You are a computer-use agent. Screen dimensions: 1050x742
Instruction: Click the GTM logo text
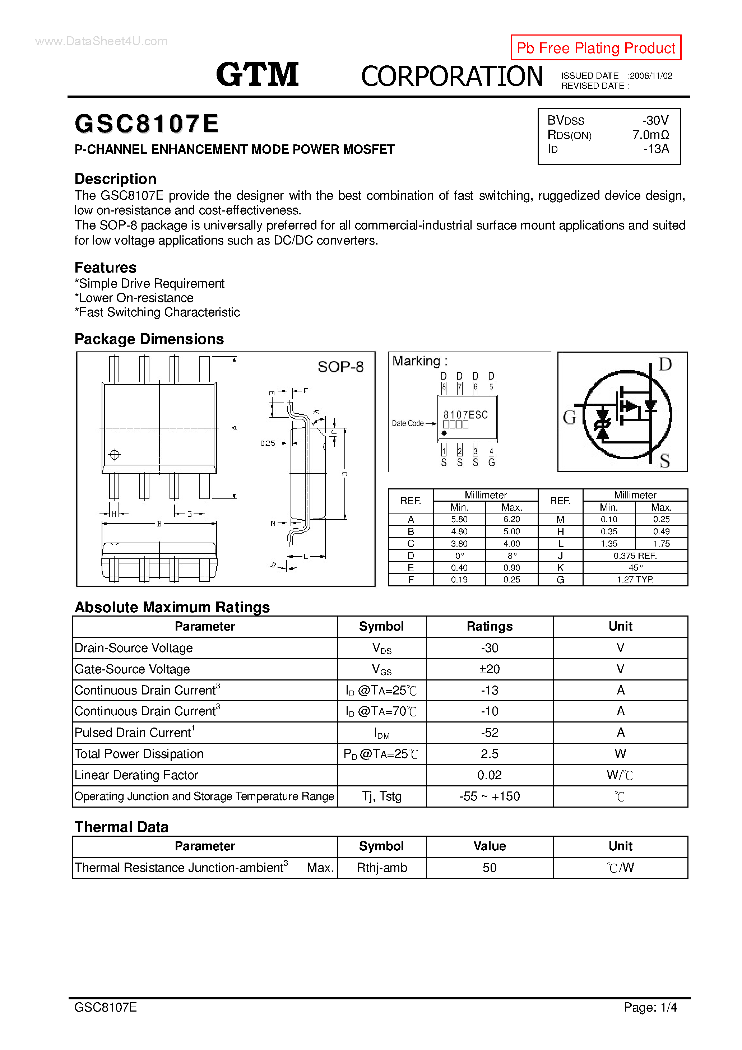tap(257, 75)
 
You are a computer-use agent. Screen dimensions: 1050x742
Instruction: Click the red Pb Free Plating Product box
tap(595, 47)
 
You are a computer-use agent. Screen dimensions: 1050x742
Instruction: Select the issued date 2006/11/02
tap(650, 76)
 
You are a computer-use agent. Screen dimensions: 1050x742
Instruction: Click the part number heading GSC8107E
tap(147, 124)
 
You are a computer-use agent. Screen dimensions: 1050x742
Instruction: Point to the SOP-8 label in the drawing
tap(340, 367)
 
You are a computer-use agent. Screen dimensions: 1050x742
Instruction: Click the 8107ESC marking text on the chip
tap(465, 415)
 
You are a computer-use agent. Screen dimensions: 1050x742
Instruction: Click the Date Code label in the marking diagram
tap(407, 423)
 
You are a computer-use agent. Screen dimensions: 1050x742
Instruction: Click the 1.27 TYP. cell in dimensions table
tap(635, 580)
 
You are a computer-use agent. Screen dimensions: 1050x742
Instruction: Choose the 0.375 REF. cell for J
tap(635, 556)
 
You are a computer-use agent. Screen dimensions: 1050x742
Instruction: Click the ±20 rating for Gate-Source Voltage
tap(489, 669)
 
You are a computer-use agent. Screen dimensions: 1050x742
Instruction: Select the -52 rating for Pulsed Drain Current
tap(489, 733)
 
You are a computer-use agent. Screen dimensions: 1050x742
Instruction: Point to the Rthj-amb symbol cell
tap(381, 868)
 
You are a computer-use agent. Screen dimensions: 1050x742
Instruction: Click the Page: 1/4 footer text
tap(650, 1007)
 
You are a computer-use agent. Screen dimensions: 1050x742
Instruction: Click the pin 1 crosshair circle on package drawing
tap(114, 455)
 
